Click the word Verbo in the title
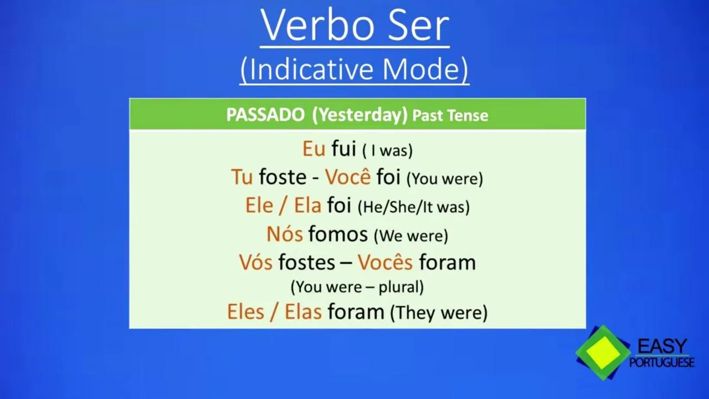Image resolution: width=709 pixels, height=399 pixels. pyautogui.click(x=318, y=26)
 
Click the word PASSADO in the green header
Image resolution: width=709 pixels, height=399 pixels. pyautogui.click(x=265, y=115)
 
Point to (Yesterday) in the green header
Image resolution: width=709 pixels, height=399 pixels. pyautogui.click(x=360, y=115)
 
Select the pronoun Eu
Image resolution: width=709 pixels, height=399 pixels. pyautogui.click(x=314, y=149)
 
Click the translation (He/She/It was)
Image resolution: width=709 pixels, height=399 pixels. pyautogui.click(x=414, y=207)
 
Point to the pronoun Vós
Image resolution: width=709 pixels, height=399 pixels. pyautogui.click(x=256, y=262)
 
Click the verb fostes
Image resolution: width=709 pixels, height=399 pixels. pyautogui.click(x=306, y=262)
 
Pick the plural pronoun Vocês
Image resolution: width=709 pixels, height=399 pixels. pyautogui.click(x=385, y=262)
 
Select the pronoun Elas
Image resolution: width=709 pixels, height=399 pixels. pyautogui.click(x=303, y=311)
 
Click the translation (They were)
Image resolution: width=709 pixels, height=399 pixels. pyautogui.click(x=439, y=313)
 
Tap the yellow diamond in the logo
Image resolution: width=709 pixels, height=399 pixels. pyautogui.click(x=603, y=353)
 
